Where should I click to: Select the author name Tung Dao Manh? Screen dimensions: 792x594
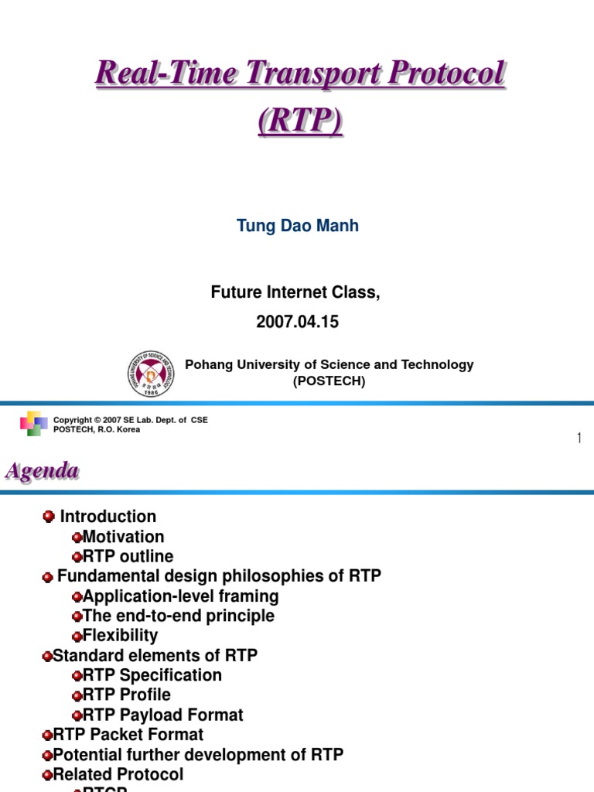tap(297, 226)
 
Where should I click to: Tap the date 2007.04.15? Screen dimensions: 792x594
tap(297, 323)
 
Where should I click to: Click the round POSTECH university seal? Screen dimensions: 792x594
tap(151, 373)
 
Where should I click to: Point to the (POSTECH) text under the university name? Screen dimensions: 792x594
tap(329, 381)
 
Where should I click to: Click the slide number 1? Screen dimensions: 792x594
tap(579, 439)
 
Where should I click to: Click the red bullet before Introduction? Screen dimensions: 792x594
tap(49, 516)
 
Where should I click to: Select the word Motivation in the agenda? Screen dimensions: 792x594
tap(123, 537)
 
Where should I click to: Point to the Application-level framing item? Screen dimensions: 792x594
tap(180, 596)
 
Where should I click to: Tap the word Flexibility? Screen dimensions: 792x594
tap(120, 636)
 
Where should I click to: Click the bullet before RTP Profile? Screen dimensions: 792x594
tap(77, 695)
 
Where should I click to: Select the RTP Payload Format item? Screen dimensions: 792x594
tap(162, 715)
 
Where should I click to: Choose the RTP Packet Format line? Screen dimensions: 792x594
tap(128, 735)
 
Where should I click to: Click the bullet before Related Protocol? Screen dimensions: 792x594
tap(47, 775)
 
